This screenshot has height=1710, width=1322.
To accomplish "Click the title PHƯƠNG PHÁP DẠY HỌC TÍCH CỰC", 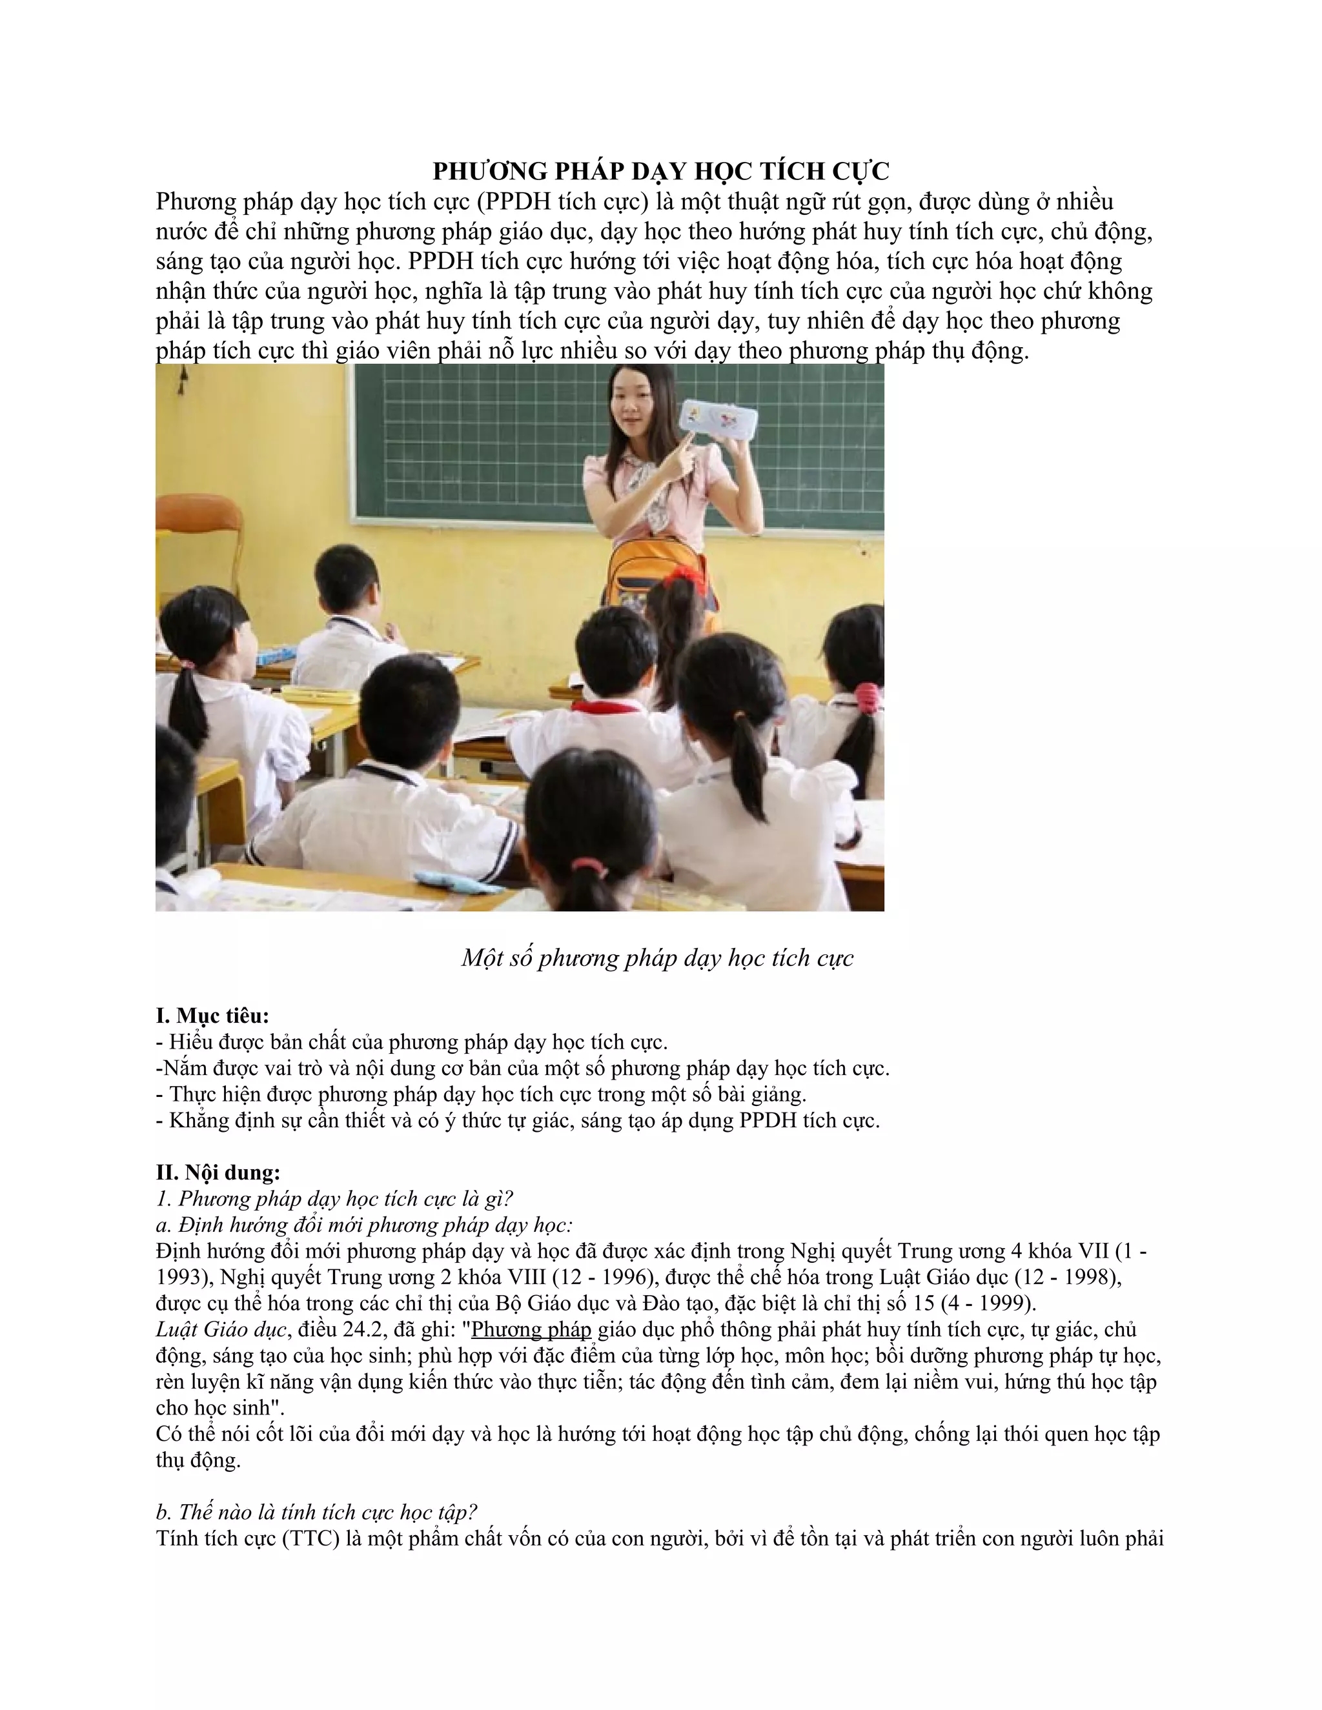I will point(661,171).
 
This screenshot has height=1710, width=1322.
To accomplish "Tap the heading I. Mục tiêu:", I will point(212,1016).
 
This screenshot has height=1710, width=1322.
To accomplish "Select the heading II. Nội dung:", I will point(218,1172).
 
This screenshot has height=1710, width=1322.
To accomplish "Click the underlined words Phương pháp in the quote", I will point(531,1329).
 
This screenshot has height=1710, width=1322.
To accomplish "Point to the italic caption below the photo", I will point(657,958).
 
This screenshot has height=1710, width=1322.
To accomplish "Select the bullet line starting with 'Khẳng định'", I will point(518,1120).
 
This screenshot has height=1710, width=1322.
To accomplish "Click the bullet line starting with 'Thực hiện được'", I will point(481,1094).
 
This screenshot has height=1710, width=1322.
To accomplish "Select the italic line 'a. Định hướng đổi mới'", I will point(364,1225).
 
